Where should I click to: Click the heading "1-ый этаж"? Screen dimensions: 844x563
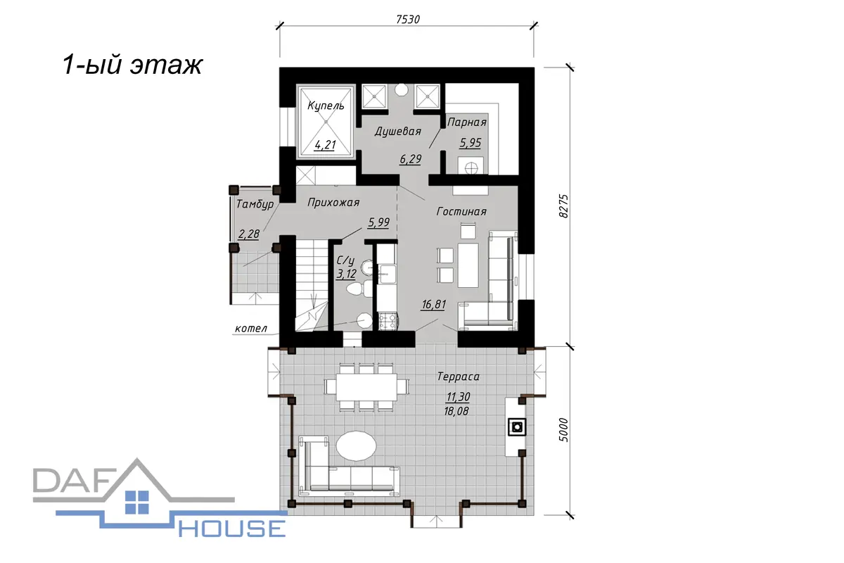133,65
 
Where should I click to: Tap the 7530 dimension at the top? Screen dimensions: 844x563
408,19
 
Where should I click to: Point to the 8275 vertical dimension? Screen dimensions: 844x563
563,206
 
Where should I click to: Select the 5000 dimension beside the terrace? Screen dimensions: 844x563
563,429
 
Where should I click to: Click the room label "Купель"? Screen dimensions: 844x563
326,106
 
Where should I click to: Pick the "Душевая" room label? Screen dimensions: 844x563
397,132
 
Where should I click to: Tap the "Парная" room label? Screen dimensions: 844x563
467,122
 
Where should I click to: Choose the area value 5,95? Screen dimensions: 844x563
471,143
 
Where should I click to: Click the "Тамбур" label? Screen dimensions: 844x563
255,204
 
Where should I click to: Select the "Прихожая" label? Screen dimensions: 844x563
333,203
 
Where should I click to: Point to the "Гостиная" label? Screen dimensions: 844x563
461,212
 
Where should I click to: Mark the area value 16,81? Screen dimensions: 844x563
434,304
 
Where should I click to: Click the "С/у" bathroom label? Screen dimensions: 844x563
345,260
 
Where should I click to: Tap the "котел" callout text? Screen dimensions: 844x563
251,329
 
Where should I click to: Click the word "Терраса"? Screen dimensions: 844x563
458,377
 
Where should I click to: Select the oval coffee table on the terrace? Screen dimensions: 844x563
356,445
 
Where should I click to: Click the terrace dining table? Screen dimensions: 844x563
366,387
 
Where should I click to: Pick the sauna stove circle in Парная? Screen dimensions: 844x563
471,167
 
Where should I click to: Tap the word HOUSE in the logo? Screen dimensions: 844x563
231,529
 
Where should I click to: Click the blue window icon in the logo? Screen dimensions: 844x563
137,502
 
